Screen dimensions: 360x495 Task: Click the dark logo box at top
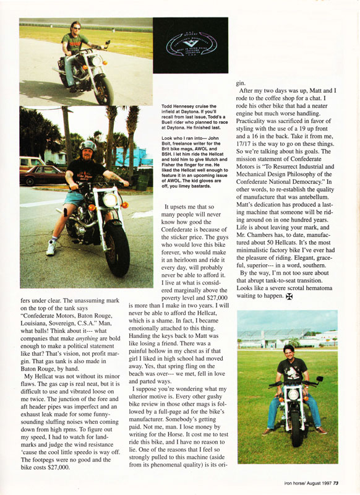pos(191,48)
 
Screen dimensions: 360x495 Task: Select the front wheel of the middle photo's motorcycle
pos(116,247)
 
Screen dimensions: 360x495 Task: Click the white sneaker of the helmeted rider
pos(51,247)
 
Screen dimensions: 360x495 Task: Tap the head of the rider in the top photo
pos(74,28)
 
